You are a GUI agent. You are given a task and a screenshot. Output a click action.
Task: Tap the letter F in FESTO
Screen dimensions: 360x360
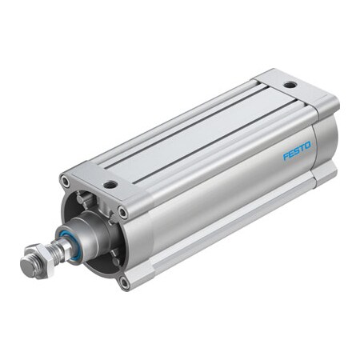tap(286, 157)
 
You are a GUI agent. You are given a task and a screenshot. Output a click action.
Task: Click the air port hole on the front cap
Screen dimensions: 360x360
tap(110, 184)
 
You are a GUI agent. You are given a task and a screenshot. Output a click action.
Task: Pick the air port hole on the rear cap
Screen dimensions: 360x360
tap(289, 83)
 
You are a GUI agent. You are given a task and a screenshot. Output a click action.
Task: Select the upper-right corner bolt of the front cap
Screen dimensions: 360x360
tap(122, 212)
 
